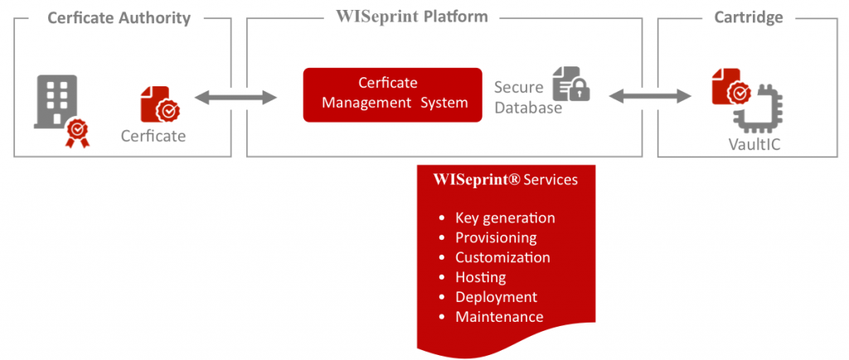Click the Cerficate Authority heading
coord(119,17)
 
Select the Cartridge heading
coord(749,17)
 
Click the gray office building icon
coord(56,101)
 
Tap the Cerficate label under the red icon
coord(153,136)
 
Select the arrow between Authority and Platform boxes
coord(235,99)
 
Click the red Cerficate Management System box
coord(392,94)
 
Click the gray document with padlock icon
coord(571,84)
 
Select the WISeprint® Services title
coord(506,180)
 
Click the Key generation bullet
coord(505,218)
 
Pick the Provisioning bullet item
coord(496,238)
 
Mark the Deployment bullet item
coord(496,297)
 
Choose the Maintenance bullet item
coord(499,317)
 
